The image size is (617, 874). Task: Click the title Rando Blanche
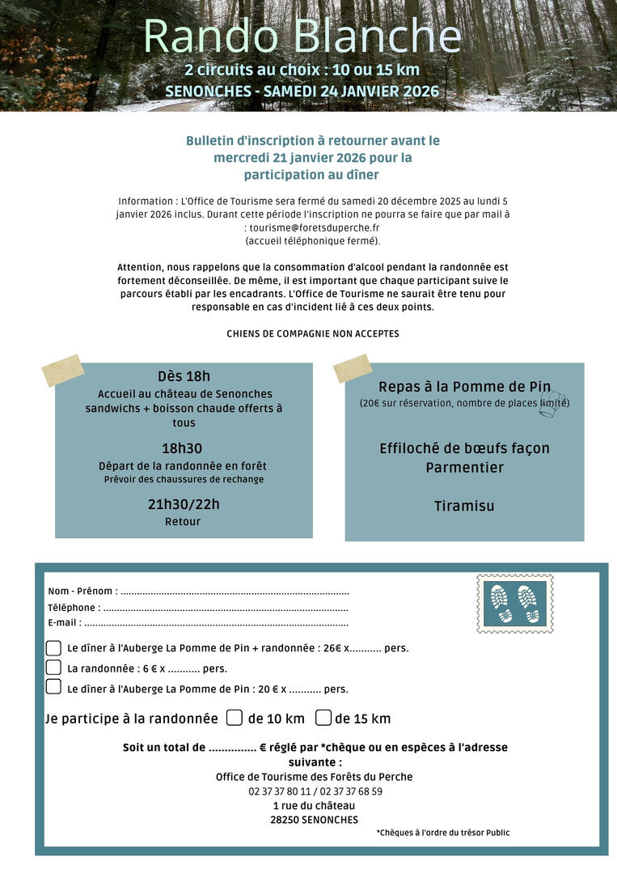point(302,36)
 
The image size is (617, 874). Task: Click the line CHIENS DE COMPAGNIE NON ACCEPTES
point(312,333)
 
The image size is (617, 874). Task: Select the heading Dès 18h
point(184,376)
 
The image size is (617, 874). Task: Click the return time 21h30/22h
point(184,504)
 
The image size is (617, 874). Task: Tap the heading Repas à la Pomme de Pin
point(463,387)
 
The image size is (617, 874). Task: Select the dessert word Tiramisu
point(464,506)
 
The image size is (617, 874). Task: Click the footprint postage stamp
point(515,604)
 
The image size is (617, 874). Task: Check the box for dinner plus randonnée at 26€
point(53,647)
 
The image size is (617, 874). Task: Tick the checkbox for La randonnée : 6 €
point(53,668)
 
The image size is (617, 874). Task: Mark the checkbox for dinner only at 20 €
point(53,687)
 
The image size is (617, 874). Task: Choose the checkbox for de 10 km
point(235,718)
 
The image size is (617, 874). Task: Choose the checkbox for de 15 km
point(323,718)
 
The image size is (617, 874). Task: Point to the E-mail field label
point(64,622)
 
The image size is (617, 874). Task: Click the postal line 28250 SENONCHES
point(314,820)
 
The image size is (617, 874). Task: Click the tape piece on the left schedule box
point(63,370)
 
